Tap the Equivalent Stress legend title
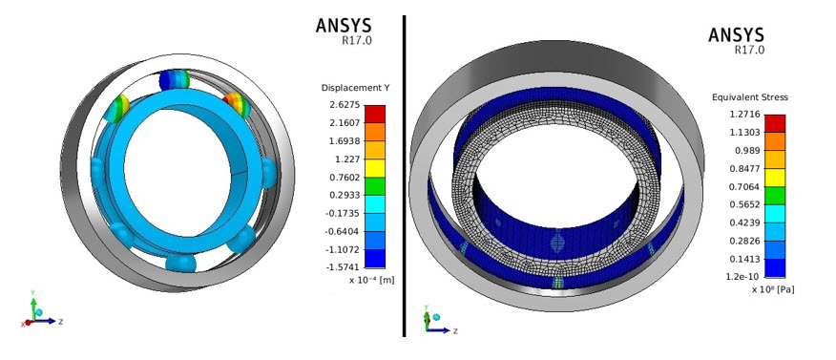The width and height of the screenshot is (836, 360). coord(748,97)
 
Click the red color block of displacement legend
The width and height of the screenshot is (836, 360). coord(375,114)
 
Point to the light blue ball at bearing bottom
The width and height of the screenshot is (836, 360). coord(180,263)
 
